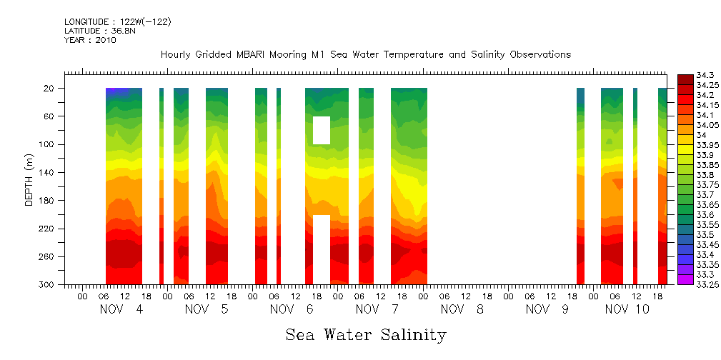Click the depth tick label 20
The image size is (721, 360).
point(50,89)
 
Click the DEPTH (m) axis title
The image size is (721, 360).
point(29,179)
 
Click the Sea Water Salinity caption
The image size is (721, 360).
point(366,334)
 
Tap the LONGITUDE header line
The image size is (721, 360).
point(118,22)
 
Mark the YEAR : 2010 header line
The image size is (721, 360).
point(90,40)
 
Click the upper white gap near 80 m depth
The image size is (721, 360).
point(322,130)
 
